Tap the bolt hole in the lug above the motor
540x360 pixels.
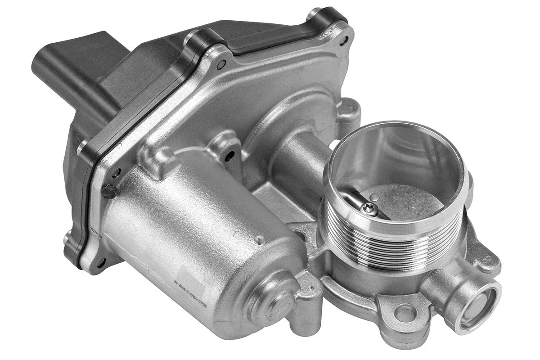click(230, 156)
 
